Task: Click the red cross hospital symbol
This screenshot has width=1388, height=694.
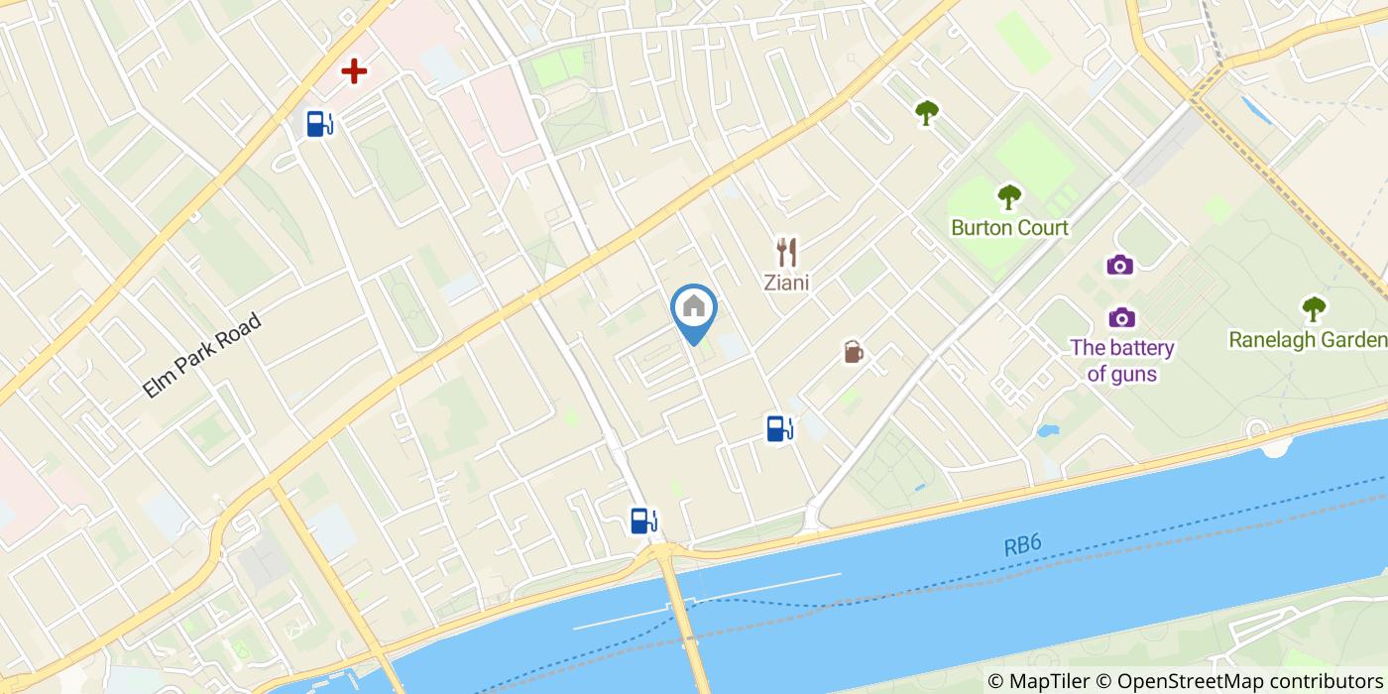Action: (x=354, y=71)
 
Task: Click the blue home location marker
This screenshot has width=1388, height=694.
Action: (x=694, y=308)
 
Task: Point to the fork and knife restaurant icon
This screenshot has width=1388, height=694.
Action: (x=786, y=252)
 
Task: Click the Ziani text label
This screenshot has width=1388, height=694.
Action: (x=786, y=284)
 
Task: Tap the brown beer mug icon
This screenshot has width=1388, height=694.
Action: (x=853, y=352)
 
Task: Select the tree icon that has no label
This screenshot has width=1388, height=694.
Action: (x=927, y=113)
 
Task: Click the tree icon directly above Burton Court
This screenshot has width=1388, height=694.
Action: (x=1009, y=196)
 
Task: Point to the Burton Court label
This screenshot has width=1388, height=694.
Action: (x=1009, y=228)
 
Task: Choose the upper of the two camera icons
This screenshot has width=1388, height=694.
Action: (x=1120, y=265)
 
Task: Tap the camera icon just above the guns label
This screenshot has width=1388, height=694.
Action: (x=1122, y=317)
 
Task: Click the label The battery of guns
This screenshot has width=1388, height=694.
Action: (x=1122, y=361)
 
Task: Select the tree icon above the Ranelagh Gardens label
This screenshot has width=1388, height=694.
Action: (x=1314, y=308)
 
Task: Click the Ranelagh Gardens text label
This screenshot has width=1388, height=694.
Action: (x=1308, y=340)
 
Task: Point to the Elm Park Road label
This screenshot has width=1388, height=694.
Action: (x=201, y=356)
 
